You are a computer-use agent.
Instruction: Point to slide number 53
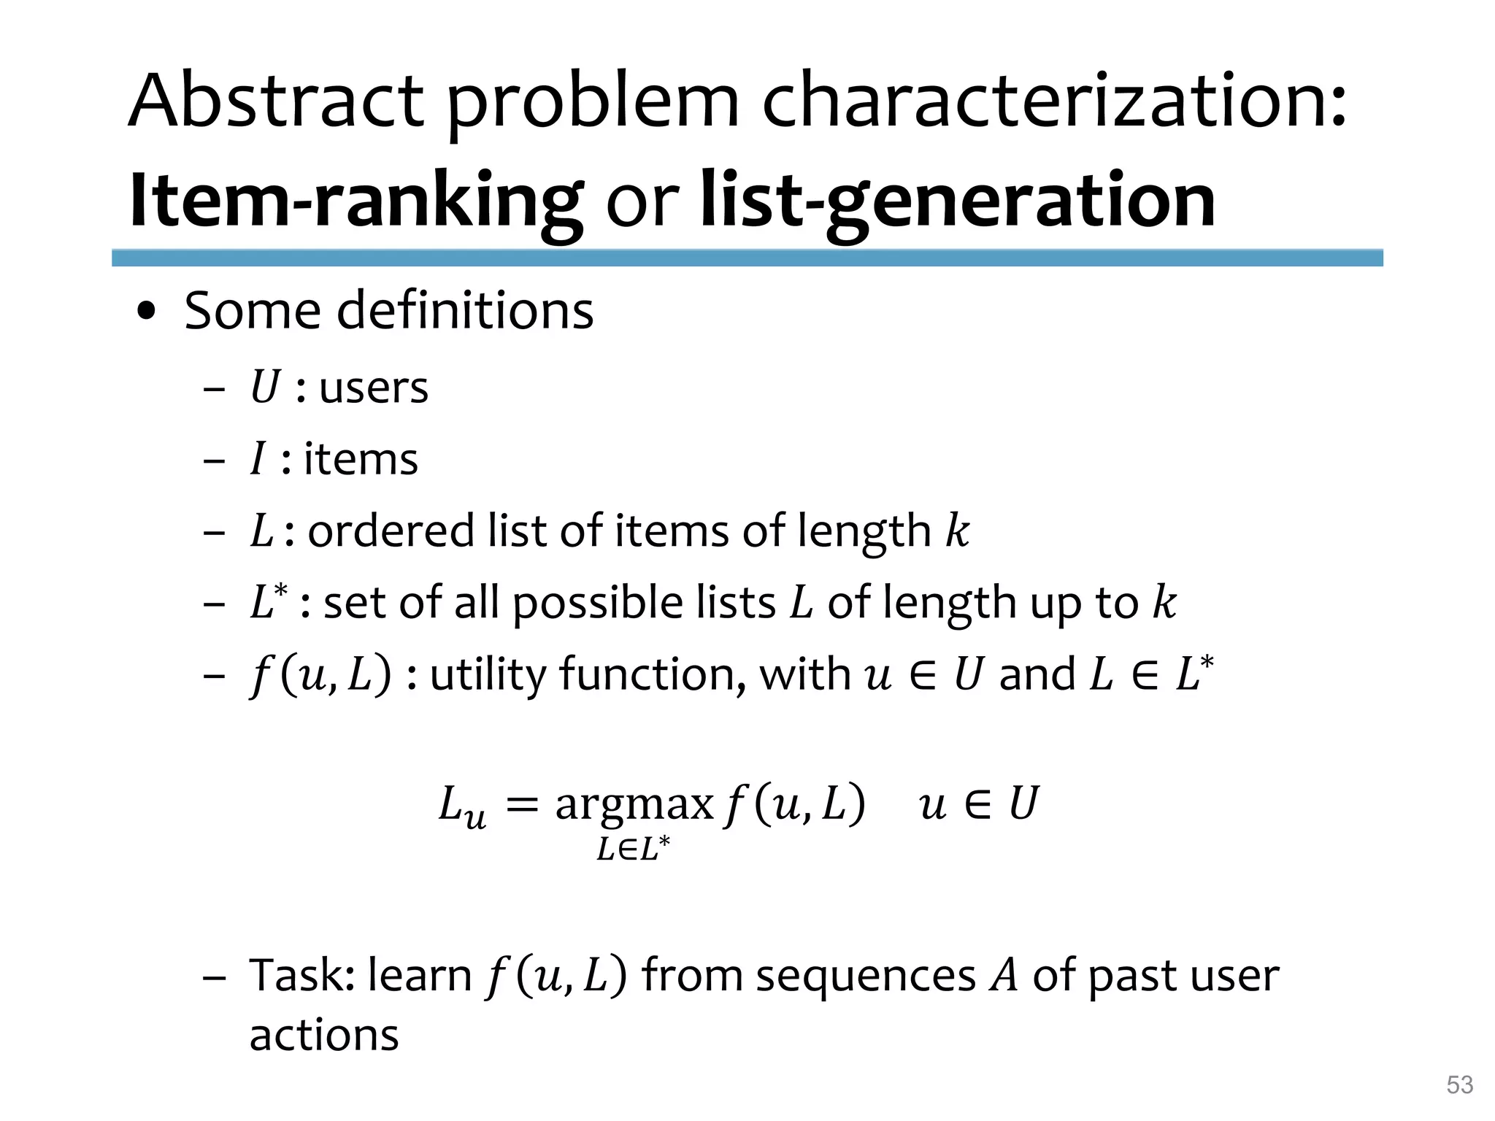click(1459, 1085)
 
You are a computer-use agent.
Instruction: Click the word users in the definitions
click(374, 388)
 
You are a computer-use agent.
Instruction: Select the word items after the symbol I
click(361, 460)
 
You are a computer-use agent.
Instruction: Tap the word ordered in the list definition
click(391, 531)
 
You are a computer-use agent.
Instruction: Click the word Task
click(301, 976)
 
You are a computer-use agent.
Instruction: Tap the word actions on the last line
click(324, 1036)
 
